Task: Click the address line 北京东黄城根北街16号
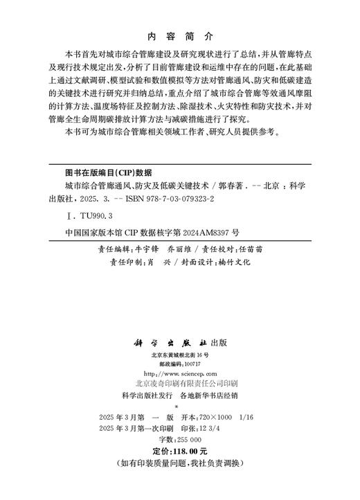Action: point(180,355)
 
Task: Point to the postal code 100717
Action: point(191,364)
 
